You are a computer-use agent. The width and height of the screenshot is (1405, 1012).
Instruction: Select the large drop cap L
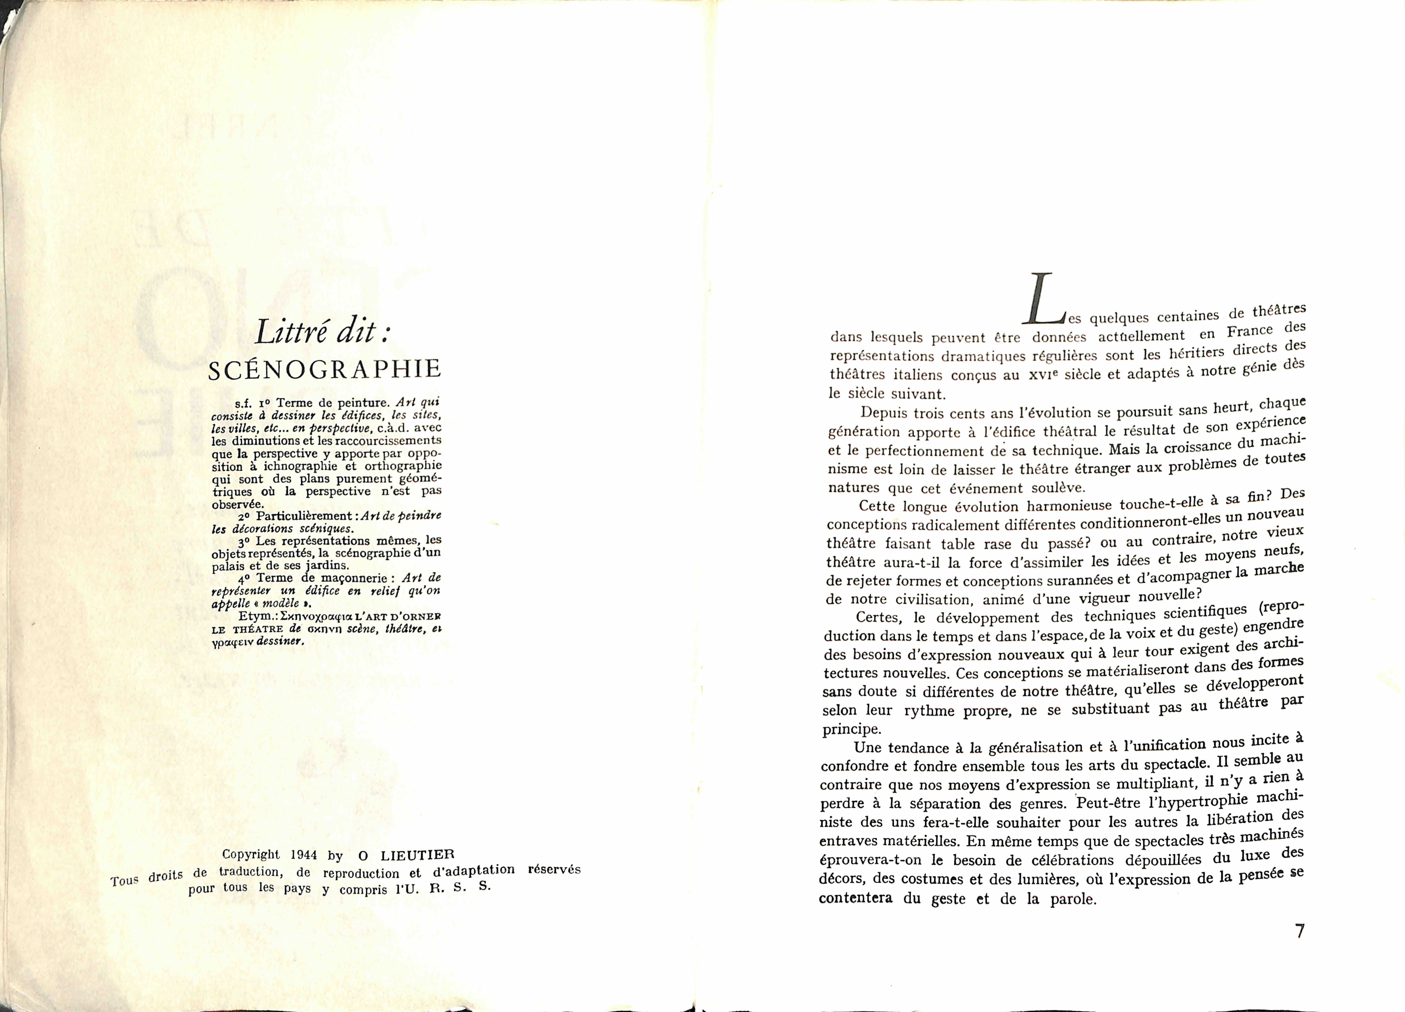tap(1043, 299)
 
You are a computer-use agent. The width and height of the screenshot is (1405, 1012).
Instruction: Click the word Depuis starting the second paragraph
tap(885, 413)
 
